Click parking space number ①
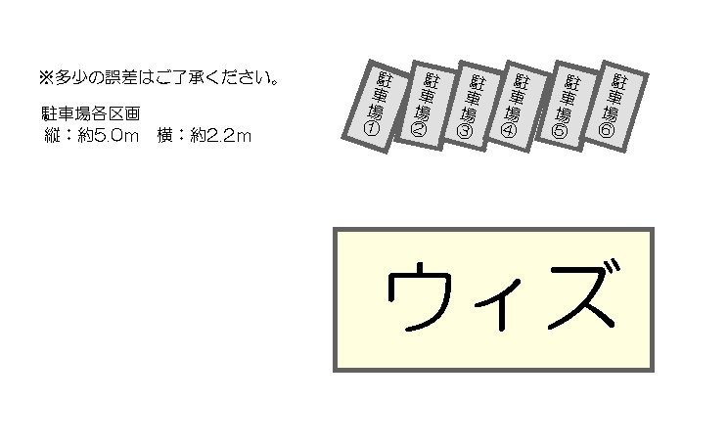tap(375, 106)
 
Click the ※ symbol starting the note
tap(45, 76)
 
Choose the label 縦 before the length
tap(52, 136)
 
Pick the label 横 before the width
tap(164, 136)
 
